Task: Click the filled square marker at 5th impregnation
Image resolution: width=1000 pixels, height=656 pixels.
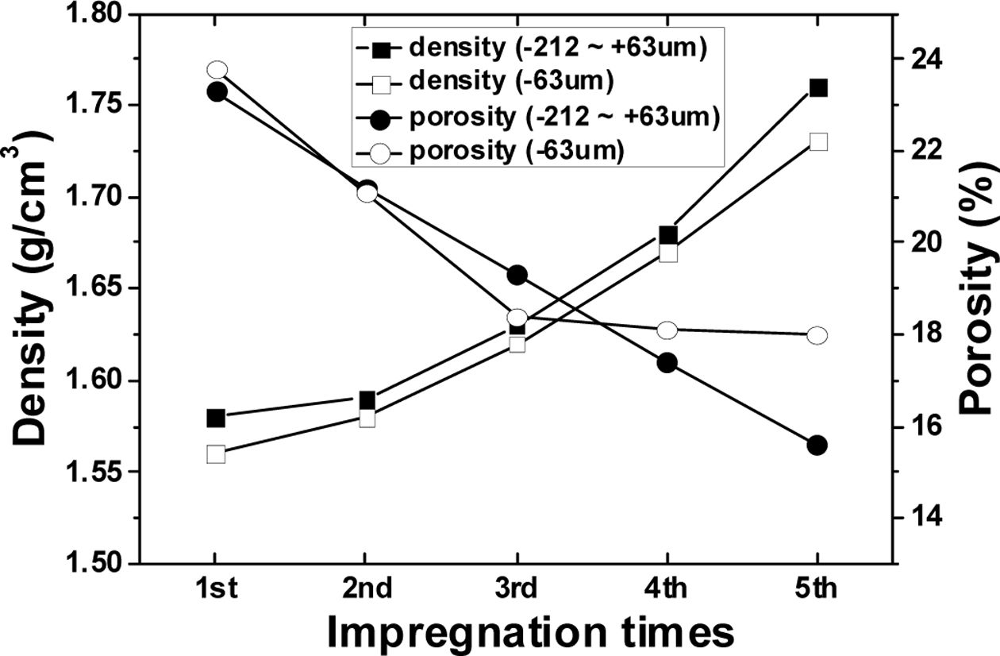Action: pos(818,87)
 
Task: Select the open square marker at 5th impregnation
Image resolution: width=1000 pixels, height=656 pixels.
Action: pos(818,141)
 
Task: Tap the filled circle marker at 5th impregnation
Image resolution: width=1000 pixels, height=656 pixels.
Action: pos(817,446)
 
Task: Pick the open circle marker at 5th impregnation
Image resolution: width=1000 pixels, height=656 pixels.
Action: pos(817,335)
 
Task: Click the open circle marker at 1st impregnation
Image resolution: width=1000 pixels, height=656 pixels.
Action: pos(217,70)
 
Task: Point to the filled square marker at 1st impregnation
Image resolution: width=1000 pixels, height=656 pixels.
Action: pos(216,418)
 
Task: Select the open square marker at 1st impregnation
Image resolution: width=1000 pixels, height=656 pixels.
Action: pos(216,454)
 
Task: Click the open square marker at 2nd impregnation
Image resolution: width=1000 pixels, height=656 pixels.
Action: pos(367,418)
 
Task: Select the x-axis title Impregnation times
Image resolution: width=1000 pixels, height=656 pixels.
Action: pos(529,633)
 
